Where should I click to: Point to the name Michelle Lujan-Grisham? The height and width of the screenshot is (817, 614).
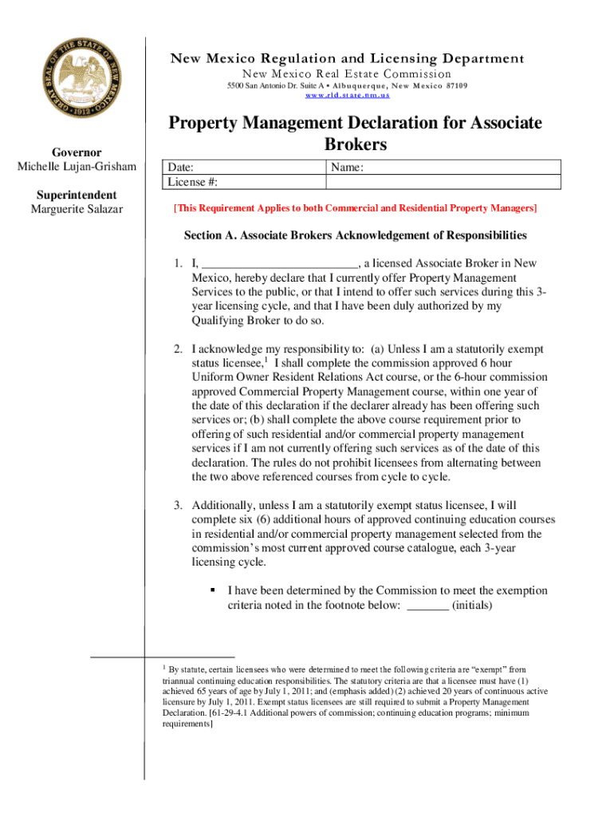(77, 167)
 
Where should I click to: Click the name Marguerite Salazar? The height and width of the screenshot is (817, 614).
(77, 210)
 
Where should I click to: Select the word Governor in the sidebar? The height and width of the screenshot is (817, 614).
(77, 152)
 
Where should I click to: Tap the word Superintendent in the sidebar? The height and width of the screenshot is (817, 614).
(77, 195)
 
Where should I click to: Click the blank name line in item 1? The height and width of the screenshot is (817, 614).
(279, 264)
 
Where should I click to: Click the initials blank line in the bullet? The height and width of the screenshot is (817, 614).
(427, 606)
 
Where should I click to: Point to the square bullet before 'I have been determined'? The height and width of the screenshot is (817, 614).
(213, 591)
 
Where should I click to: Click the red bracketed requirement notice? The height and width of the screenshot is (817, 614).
(355, 208)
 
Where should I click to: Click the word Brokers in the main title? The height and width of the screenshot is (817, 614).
(355, 144)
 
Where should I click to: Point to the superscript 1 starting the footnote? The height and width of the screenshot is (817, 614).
(163, 666)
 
